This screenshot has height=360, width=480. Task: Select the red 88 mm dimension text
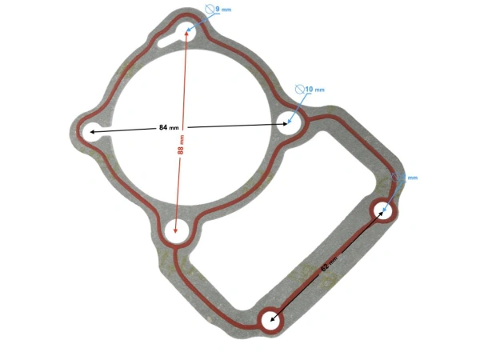(x=181, y=144)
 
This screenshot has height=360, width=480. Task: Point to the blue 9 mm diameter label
(x=224, y=9)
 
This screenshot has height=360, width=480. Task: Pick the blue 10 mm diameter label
(x=315, y=90)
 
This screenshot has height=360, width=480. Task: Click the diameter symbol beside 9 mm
(x=210, y=10)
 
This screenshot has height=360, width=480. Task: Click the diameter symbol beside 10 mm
(x=301, y=90)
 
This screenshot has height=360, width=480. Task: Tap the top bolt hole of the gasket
(x=190, y=30)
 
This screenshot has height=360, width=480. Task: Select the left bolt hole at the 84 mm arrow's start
(x=90, y=130)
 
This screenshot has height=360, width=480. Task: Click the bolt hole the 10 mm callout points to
(x=290, y=123)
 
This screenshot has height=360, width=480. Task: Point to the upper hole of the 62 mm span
(x=384, y=210)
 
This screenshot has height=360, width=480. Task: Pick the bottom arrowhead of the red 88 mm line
(x=175, y=230)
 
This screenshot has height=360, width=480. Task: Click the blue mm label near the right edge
(x=413, y=178)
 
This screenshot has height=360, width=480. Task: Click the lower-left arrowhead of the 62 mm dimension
(x=274, y=319)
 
